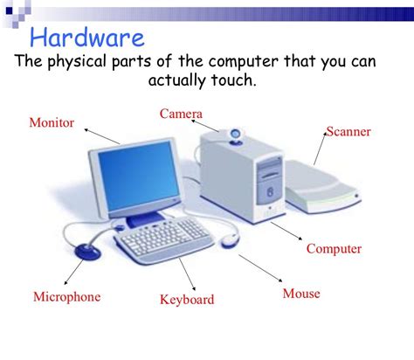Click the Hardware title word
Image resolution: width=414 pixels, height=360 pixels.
tap(86, 38)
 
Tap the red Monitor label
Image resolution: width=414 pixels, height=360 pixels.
tap(52, 122)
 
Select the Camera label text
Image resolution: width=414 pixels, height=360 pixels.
tap(181, 114)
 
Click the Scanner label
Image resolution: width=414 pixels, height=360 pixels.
tap(348, 132)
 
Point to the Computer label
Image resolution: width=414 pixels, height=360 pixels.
tap(334, 249)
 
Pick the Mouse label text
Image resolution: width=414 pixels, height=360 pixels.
tap(301, 294)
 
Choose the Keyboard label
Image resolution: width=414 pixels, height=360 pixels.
tap(187, 300)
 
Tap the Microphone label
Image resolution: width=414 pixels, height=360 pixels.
tap(66, 296)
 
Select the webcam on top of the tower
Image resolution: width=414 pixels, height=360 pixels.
tap(236, 135)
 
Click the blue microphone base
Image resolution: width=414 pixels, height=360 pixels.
tap(87, 252)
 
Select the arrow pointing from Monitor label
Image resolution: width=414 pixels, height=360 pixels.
tap(102, 135)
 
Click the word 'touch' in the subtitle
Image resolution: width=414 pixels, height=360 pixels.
tap(236, 80)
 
